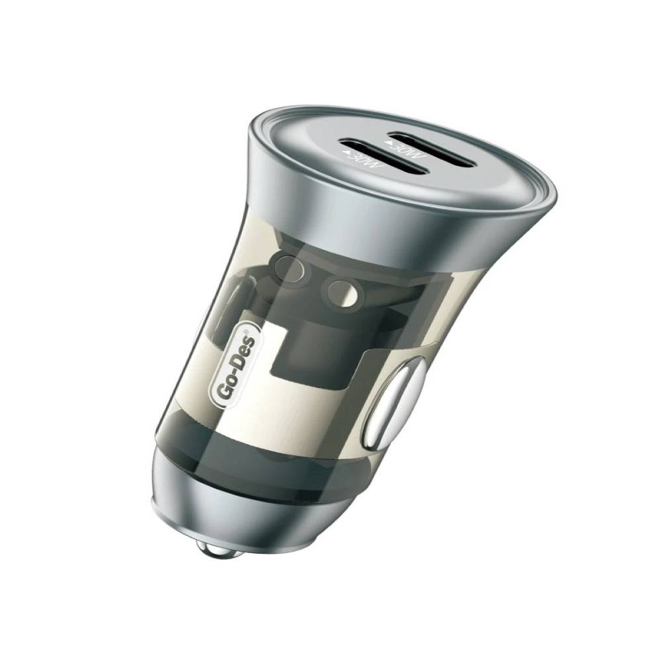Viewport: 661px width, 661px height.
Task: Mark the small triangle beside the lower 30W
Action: [347, 154]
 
